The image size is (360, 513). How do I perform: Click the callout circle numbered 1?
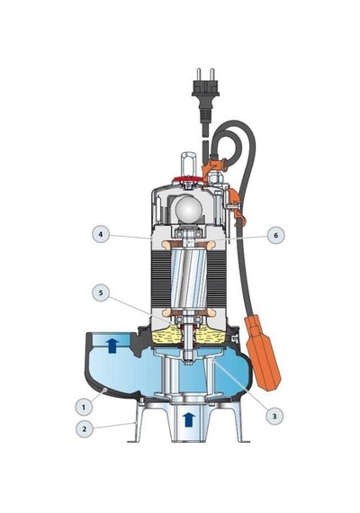pyautogui.click(x=84, y=408)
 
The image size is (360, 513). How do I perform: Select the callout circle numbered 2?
pyautogui.click(x=85, y=428)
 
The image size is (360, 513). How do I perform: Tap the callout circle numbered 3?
pyautogui.click(x=274, y=416)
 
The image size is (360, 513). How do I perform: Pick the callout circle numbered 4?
pyautogui.click(x=101, y=235)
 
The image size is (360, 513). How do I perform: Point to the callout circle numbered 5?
pyautogui.click(x=101, y=292)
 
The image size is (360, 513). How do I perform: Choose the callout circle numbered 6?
pyautogui.click(x=275, y=235)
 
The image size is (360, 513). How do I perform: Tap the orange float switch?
pyautogui.click(x=263, y=353)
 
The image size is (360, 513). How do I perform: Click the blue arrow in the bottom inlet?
pyautogui.click(x=188, y=419)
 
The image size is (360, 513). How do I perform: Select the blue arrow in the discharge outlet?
pyautogui.click(x=112, y=346)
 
